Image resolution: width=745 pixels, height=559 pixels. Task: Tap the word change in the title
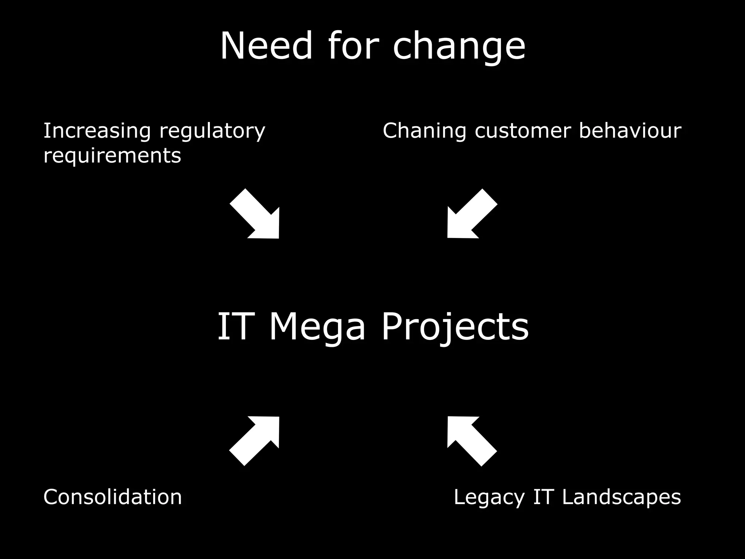[459, 47]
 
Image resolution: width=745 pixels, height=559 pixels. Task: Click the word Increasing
[97, 131]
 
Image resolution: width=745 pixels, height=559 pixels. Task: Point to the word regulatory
[212, 131]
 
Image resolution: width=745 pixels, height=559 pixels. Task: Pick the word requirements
[112, 156]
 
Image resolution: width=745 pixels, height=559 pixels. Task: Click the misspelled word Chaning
[424, 131]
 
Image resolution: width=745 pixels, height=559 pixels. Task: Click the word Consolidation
[112, 497]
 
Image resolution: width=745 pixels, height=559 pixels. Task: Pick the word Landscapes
[621, 497]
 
